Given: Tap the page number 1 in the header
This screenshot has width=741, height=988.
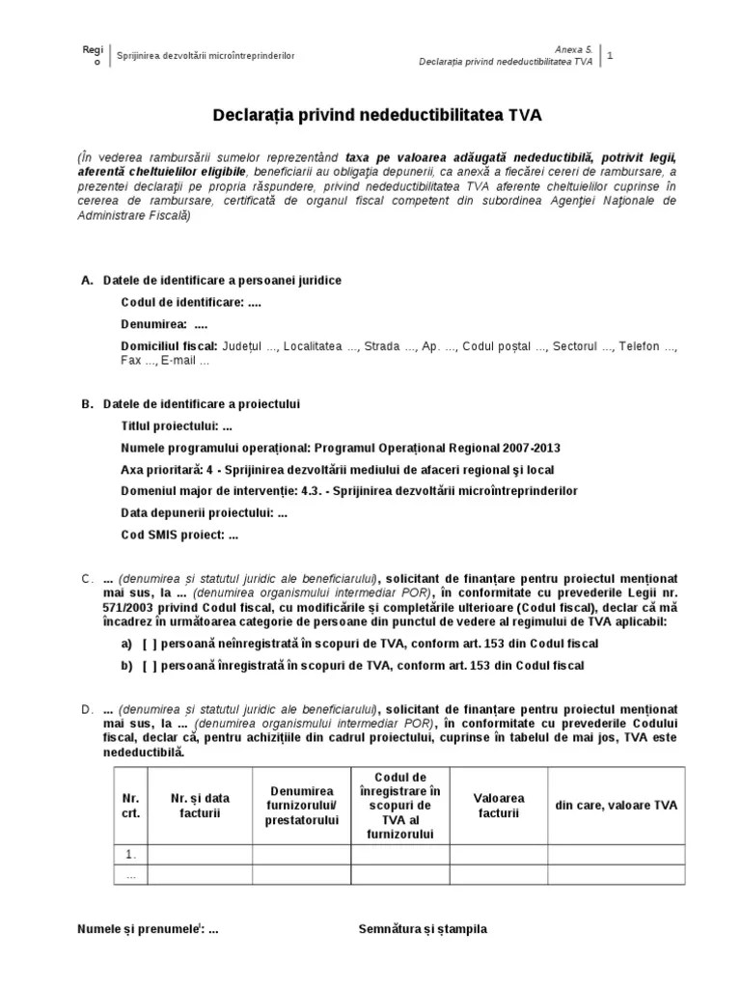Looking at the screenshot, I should click(x=610, y=55).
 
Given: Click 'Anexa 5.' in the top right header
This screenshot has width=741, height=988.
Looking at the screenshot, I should click(x=575, y=48).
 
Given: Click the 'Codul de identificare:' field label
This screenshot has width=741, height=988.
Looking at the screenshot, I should click(x=183, y=302).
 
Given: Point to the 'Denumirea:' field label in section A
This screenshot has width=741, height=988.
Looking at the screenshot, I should click(x=154, y=324).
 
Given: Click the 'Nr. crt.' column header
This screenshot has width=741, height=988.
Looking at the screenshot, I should click(x=131, y=806).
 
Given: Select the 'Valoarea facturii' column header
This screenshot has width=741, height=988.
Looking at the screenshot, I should click(x=499, y=806).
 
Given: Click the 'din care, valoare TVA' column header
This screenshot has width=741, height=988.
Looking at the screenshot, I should click(x=616, y=806).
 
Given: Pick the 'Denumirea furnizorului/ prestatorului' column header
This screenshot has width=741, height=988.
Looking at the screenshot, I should click(x=301, y=806).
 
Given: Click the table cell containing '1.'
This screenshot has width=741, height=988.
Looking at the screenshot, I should click(x=131, y=854).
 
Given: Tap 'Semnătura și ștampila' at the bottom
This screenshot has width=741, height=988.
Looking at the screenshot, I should click(x=423, y=929).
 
